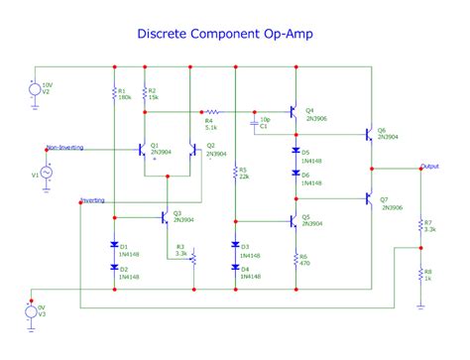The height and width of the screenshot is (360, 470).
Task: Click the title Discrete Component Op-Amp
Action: [234, 34]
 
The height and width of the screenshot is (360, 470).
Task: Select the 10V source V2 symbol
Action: [33, 90]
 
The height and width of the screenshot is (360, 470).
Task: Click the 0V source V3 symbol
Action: [33, 313]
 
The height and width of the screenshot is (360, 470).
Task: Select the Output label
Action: [429, 166]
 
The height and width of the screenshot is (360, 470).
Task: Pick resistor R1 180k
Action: [115, 95]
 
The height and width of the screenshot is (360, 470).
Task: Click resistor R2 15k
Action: [145, 95]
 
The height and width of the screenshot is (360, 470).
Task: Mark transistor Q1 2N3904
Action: [144, 150]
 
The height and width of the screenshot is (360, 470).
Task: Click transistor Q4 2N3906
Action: [294, 111]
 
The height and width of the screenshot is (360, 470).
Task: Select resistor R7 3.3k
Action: [417, 227]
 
